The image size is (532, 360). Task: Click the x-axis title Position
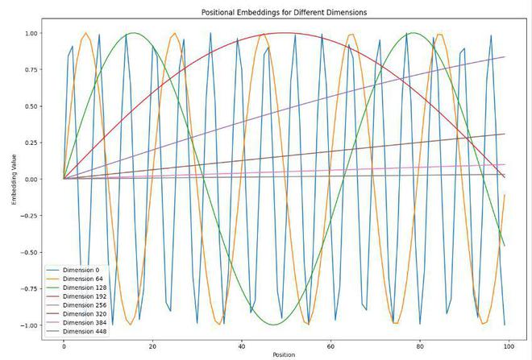pyautogui.click(x=283, y=354)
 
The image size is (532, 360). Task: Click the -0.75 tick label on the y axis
pyautogui.click(x=29, y=288)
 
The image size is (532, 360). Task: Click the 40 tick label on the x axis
pyautogui.click(x=241, y=345)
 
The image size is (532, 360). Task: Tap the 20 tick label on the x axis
pyautogui.click(x=152, y=345)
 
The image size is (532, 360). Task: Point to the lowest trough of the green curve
pyautogui.click(x=273, y=325)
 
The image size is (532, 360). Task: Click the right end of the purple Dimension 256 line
pyautogui.click(x=505, y=57)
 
